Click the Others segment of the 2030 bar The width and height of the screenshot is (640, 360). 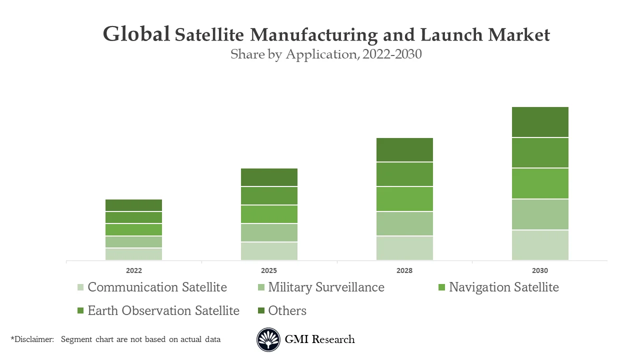[540, 122]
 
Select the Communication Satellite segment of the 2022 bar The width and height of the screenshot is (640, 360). [133, 254]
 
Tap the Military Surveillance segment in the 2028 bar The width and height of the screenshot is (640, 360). [404, 223]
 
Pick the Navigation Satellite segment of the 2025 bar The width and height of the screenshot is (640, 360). [269, 214]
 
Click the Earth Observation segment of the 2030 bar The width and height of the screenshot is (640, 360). [540, 152]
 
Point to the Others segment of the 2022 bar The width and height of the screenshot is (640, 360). [133, 205]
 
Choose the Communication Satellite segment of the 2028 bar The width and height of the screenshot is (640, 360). [404, 248]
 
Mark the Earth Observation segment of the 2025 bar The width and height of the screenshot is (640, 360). [269, 195]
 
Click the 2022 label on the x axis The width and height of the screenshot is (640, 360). [133, 270]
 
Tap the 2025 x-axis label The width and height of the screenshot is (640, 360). [269, 270]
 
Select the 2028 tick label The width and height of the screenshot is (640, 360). [404, 270]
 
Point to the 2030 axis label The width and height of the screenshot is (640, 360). [540, 270]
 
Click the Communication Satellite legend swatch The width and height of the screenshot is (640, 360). [80, 287]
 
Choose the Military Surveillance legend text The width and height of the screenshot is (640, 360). [326, 287]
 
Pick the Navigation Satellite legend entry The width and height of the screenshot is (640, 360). [503, 287]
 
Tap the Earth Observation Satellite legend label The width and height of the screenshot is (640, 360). [163, 310]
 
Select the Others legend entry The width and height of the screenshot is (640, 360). [287, 310]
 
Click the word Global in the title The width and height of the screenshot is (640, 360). [136, 34]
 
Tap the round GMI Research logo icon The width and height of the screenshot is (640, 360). [268, 339]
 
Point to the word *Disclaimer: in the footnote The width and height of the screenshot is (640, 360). [32, 339]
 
